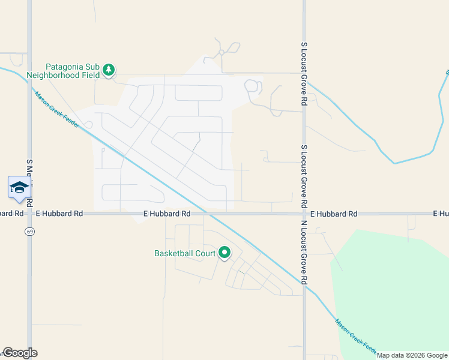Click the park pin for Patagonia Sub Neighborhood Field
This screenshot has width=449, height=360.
click(109, 70)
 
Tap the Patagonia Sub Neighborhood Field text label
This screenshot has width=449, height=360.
click(73, 71)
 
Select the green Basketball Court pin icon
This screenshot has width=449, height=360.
click(224, 253)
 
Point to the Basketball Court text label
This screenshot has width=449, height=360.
click(185, 253)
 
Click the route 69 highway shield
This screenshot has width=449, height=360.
click(29, 231)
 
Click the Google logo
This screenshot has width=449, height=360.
click(20, 353)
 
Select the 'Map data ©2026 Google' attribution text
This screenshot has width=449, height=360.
click(412, 355)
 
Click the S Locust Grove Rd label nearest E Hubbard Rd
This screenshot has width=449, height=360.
click(304, 175)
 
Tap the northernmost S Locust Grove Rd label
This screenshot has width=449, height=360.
click(304, 74)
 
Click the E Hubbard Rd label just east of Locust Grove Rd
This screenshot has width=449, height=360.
click(333, 214)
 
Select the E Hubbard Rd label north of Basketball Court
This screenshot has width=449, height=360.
click(167, 213)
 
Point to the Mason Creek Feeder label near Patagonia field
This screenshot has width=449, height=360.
click(57, 109)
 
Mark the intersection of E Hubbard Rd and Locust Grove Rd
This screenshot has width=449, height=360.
click(304, 213)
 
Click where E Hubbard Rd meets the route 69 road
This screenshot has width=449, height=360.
click(29, 213)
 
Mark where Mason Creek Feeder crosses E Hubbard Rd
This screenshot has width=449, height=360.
click(207, 213)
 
